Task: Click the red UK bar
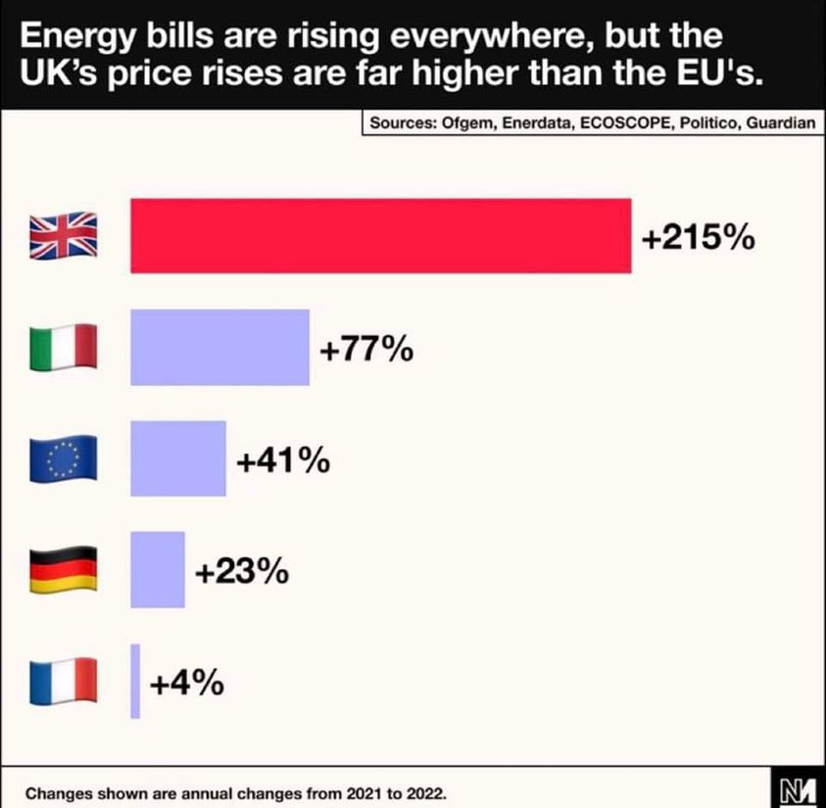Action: coord(380,235)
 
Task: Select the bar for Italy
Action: coord(219,347)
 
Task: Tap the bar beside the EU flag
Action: coord(177,458)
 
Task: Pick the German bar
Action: coord(157,569)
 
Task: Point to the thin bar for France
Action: coord(135,681)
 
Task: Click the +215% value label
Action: coord(697,238)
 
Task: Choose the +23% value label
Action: coord(241,571)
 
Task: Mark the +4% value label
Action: coord(186,683)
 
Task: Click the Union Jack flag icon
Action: coord(63,236)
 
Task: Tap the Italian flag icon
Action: coord(63,347)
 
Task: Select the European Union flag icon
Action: coord(63,458)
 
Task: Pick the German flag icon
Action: coord(63,569)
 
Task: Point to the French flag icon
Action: coord(63,681)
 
